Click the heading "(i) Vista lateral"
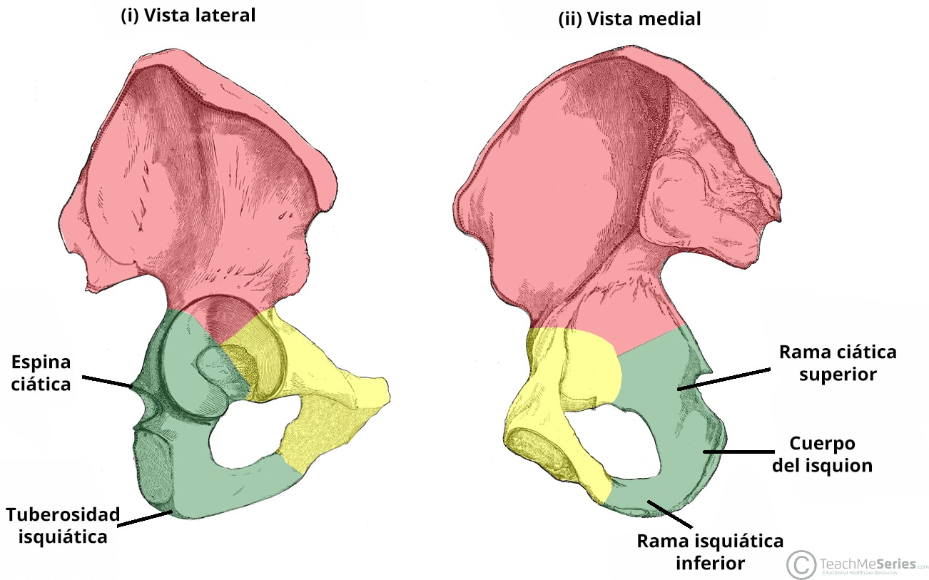188,16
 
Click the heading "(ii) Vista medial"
629,19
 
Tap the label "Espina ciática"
41,373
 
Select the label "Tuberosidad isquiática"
63,526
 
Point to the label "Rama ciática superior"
838,363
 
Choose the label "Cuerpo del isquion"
822,454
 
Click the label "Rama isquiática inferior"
710,551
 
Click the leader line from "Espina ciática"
108,382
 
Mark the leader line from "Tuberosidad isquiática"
145,519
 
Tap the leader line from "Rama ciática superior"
724,379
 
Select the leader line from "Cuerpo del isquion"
738,452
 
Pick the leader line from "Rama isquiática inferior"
670,514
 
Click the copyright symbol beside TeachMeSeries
801,564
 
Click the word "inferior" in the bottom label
711,563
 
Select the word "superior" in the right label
838,375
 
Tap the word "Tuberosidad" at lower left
63,515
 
